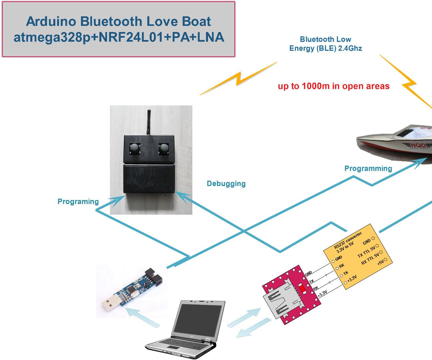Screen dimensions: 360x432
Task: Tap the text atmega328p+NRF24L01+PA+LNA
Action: pos(119,37)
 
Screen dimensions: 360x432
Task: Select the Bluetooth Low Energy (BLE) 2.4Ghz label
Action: pos(325,44)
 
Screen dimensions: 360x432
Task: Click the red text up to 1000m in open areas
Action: pos(334,86)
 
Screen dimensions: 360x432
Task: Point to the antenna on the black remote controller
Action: pos(149,122)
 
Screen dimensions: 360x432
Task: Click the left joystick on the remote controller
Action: pos(134,149)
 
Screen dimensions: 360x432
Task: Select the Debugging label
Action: pos(226,184)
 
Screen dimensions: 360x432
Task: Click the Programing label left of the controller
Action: pos(78,202)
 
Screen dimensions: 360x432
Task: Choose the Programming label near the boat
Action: pos(368,169)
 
